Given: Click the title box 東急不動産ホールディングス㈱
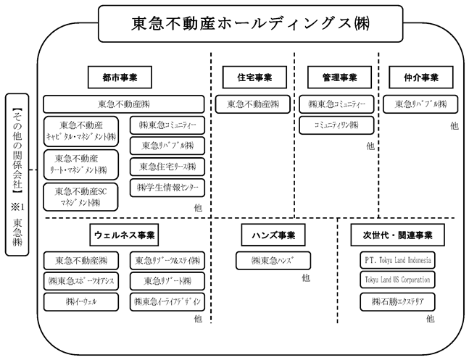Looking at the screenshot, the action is click(251, 24).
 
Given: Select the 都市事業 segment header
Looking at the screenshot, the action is click(120, 78).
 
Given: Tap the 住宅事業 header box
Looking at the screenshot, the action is click(254, 78).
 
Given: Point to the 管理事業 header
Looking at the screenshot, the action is click(339, 78).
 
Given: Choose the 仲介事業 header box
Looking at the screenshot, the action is click(421, 78).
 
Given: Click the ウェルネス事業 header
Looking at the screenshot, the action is click(124, 235).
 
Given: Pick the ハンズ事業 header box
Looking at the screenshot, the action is click(273, 235).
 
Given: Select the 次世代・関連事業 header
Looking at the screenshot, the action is click(397, 235).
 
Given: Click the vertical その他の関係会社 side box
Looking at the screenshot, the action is click(17, 175).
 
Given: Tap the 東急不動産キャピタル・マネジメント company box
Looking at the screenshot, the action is click(81, 131).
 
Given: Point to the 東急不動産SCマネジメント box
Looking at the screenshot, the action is click(80, 197).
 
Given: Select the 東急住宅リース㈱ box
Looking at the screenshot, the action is click(167, 167).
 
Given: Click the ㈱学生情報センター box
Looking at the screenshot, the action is click(167, 188).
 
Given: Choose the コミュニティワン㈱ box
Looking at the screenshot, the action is click(336, 125).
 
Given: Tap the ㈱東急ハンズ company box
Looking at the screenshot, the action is click(273, 261).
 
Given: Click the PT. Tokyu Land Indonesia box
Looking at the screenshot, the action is click(397, 260).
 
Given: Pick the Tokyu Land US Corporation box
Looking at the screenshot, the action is click(397, 280).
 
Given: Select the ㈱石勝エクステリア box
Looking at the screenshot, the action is click(397, 302).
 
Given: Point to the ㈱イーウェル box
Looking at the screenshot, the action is click(81, 302).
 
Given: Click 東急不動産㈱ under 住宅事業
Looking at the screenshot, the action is click(253, 104).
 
